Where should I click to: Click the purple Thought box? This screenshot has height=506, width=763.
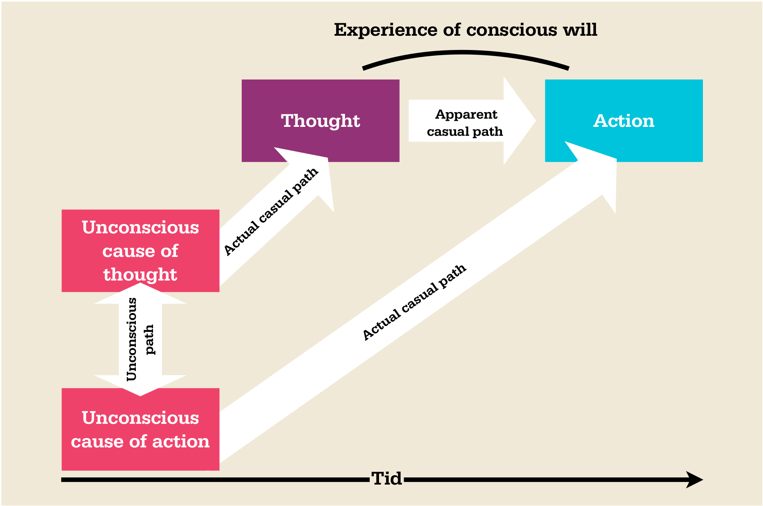click(x=320, y=107)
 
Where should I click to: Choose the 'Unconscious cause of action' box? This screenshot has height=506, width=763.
click(x=140, y=429)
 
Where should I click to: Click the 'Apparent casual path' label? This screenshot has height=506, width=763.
click(x=465, y=123)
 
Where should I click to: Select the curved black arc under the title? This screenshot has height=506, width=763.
click(x=465, y=53)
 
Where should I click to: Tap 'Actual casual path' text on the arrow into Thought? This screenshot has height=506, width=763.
click(x=271, y=212)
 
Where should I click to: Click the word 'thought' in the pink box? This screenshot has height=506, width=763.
click(x=140, y=274)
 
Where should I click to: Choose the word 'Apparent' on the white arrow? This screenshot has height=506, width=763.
click(x=466, y=114)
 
